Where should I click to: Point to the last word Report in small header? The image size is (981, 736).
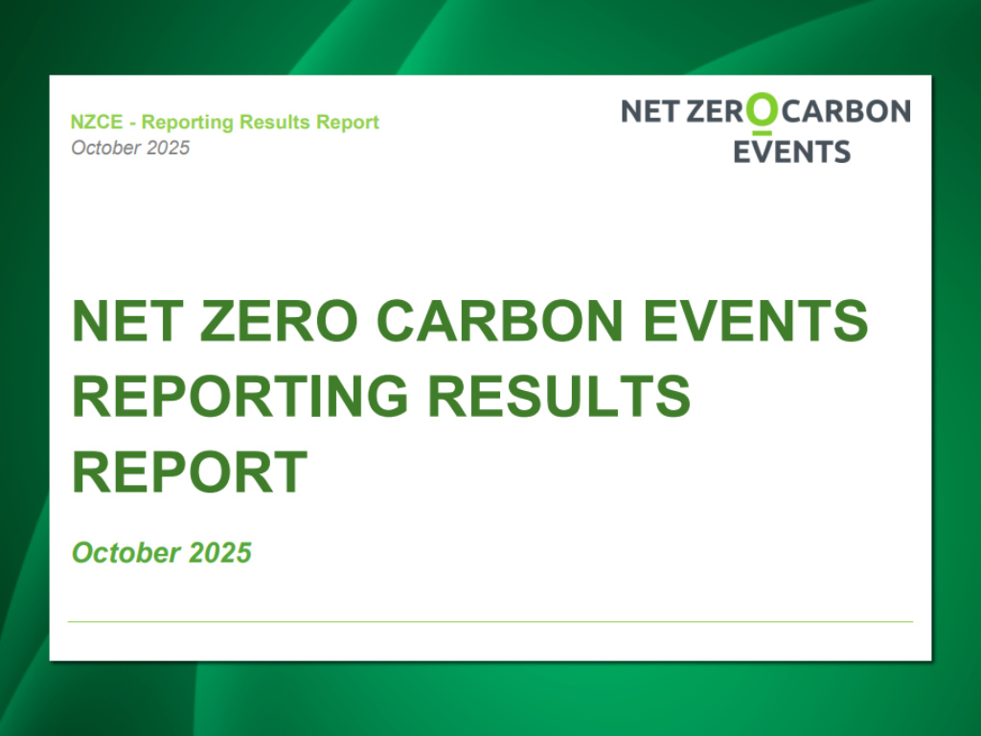click(349, 123)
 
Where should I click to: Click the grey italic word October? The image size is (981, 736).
click(106, 148)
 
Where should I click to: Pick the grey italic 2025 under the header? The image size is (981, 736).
click(169, 148)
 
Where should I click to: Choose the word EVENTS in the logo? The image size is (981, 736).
click(791, 151)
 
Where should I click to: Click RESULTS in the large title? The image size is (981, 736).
click(559, 397)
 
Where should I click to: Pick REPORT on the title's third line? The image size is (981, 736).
click(190, 471)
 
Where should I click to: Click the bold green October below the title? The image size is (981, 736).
click(125, 553)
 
